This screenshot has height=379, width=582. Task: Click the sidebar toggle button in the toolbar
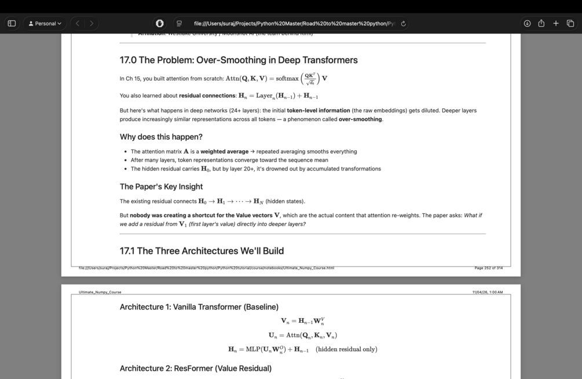coord(12,24)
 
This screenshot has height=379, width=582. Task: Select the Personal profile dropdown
coord(45,24)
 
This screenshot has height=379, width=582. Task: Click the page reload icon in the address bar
coord(404,24)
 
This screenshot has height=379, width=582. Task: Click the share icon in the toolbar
coord(541,24)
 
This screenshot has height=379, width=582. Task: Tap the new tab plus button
coord(556,24)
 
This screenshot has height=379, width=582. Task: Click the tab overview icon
coord(570,24)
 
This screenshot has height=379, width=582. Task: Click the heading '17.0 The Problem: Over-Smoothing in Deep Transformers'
coord(239,60)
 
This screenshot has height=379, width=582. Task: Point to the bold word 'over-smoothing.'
coord(360,119)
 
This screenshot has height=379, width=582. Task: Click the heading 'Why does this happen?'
coord(161,137)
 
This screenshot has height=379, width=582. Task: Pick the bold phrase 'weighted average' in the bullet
coord(224,152)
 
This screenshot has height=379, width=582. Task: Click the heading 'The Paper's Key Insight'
coord(161,187)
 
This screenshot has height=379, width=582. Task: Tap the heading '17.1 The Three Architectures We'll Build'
coord(202,251)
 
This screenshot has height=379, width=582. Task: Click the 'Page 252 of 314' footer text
coord(488,268)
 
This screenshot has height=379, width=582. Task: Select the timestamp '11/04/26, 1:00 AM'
coord(487,292)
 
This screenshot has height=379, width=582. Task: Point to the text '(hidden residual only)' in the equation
coord(346,349)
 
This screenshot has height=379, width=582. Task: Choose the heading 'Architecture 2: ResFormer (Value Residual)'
coord(196,369)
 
